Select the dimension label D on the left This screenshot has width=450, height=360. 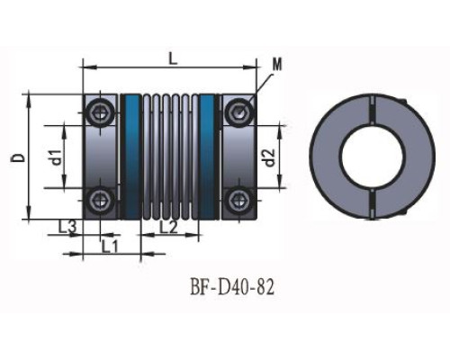click(18, 157)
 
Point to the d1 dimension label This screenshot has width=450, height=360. click(55, 157)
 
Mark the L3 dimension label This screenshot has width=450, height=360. click(66, 227)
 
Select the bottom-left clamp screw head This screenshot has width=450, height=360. click(98, 199)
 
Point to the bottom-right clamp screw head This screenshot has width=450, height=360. click(238, 199)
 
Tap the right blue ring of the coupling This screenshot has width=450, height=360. click(208, 156)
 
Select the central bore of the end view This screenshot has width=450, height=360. click(369, 157)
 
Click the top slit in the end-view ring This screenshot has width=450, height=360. click(369, 107)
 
